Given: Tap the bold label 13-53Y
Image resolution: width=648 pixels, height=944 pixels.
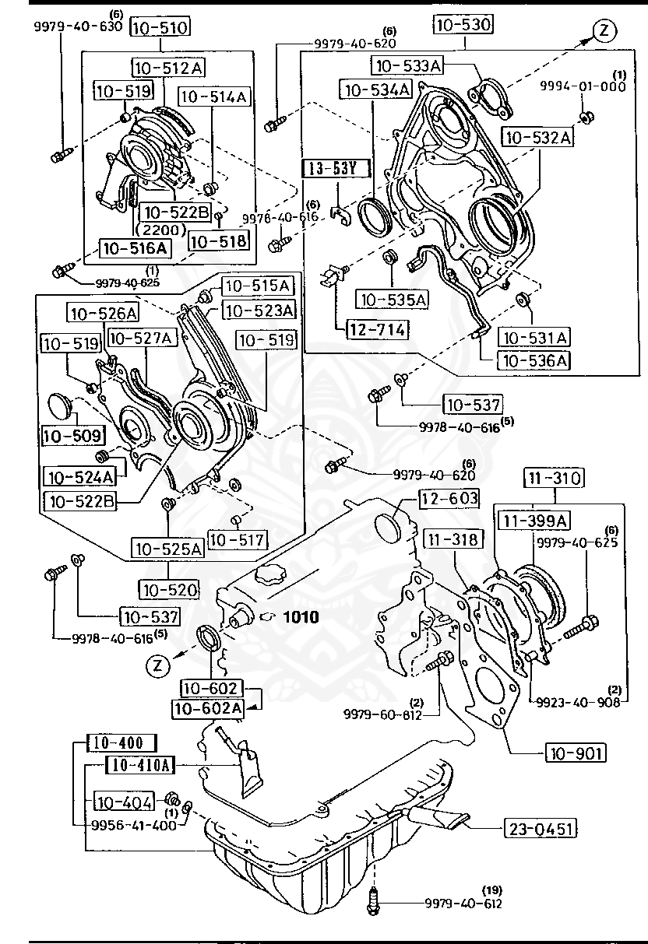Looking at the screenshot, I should [336, 167].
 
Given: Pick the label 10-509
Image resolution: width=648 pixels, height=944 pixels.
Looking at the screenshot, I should [66, 434].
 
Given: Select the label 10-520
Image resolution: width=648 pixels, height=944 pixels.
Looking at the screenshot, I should [167, 589].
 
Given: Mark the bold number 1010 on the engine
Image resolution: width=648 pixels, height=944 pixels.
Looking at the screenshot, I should [301, 617].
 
